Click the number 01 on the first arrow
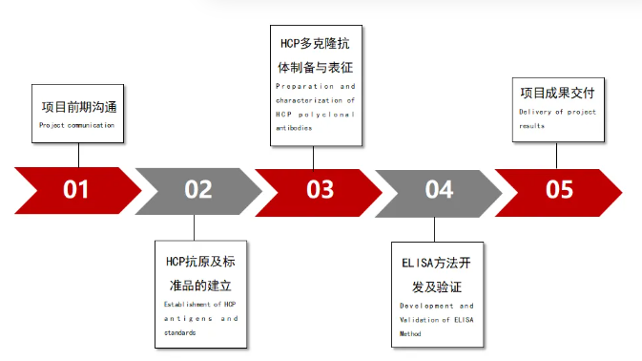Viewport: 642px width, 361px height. (x=76, y=188)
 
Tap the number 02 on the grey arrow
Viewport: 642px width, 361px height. (x=197, y=188)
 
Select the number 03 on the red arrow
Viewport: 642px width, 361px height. (x=321, y=188)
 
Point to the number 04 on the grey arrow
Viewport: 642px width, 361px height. (x=439, y=188)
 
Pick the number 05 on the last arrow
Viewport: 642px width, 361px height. (x=559, y=188)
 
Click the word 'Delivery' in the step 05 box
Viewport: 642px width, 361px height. (x=536, y=113)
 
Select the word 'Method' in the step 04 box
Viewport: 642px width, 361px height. (x=410, y=334)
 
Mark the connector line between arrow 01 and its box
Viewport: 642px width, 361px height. (x=76, y=155)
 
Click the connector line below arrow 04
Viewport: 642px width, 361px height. (x=434, y=228)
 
